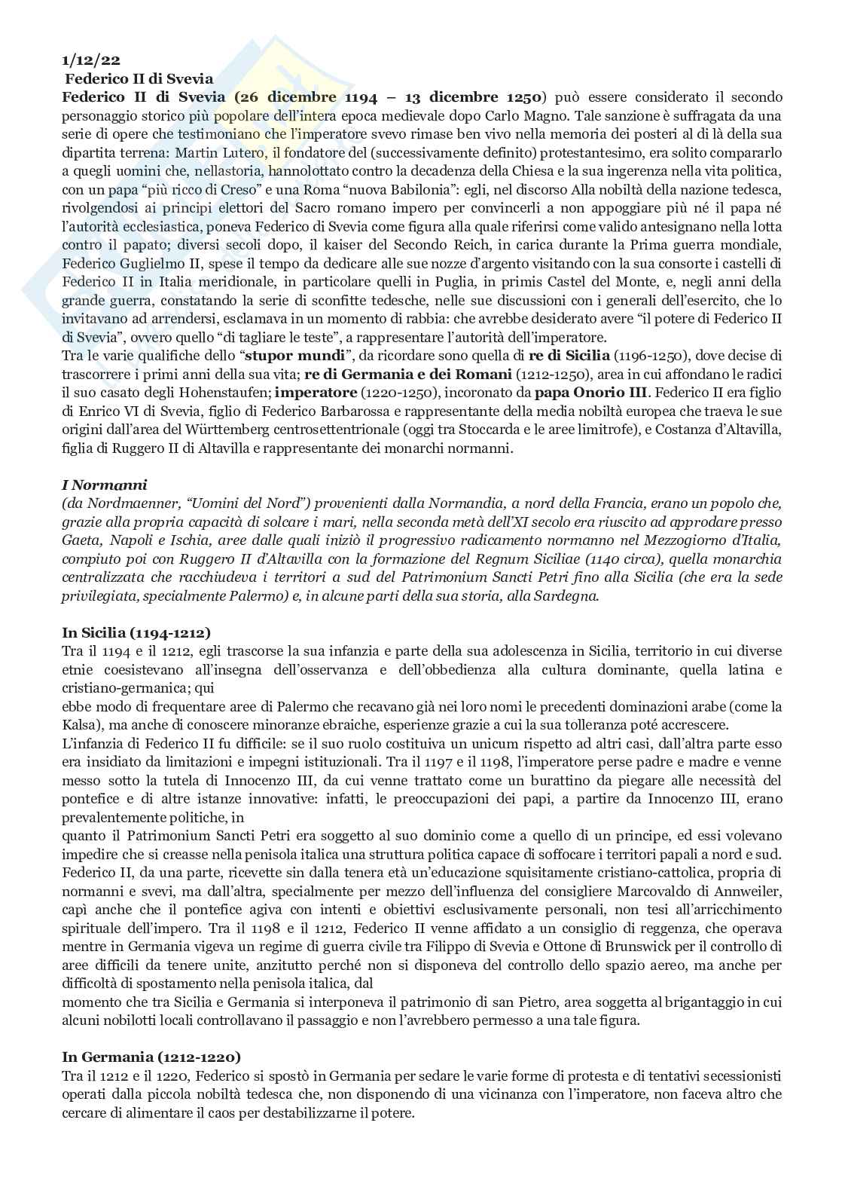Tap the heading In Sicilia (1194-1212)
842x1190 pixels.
tap(136, 632)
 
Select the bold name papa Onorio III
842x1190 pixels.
tap(590, 392)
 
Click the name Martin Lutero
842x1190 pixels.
tap(236, 152)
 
